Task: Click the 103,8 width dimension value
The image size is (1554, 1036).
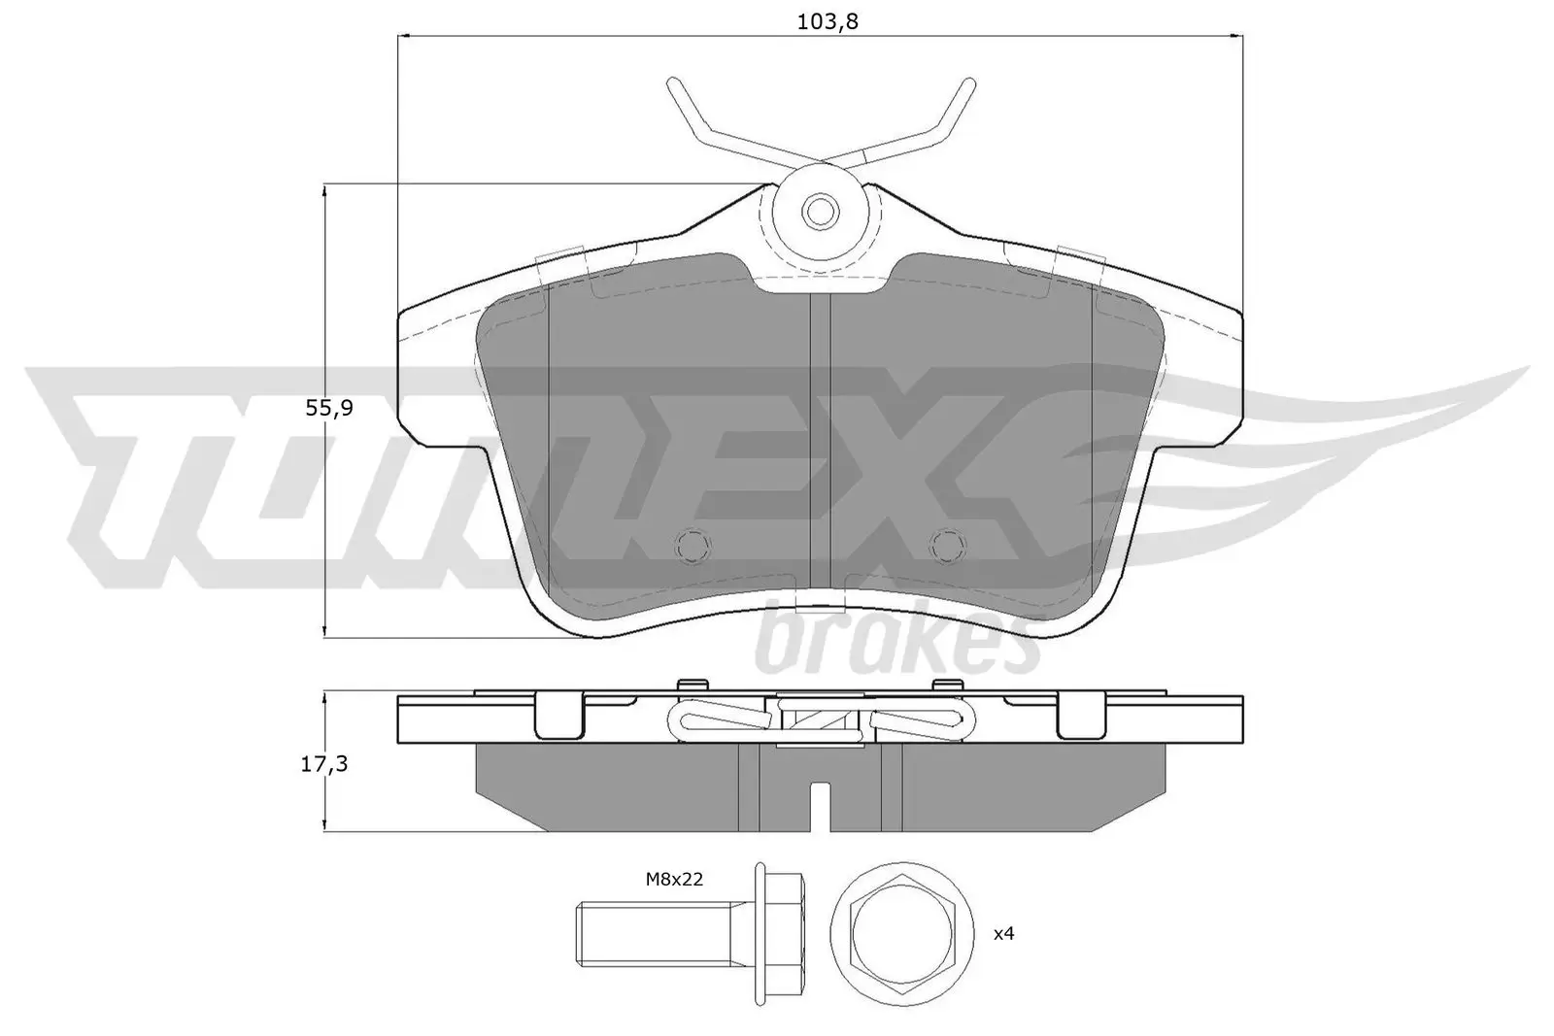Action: (828, 20)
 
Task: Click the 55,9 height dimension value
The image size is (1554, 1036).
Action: (329, 409)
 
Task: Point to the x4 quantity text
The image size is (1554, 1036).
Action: (1003, 934)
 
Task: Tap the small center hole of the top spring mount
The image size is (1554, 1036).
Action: (822, 209)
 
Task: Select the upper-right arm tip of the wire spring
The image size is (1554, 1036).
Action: (966, 85)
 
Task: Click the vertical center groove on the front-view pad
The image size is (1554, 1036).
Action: (821, 437)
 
